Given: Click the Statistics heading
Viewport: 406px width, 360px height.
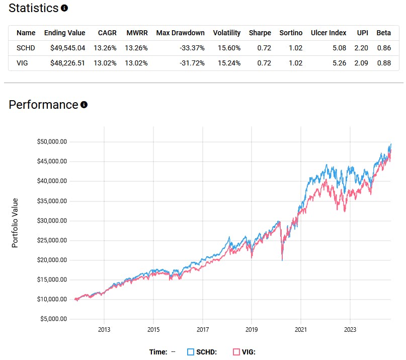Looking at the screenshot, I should pos(34,8).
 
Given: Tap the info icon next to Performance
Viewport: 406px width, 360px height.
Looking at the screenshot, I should pos(84,105).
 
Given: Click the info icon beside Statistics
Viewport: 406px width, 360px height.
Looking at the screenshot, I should pos(64,9).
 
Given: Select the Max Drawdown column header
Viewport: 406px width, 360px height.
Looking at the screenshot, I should pos(180,33).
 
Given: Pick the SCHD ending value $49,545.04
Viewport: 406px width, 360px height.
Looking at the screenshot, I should pos(64,48).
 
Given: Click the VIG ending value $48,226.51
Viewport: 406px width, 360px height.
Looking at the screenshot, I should pos(64,63).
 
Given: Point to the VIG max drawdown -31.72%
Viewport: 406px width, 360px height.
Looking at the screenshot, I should pos(191,63).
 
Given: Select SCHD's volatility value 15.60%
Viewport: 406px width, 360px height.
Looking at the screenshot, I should pos(226,48).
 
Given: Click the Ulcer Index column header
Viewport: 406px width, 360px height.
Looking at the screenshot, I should pos(329,33).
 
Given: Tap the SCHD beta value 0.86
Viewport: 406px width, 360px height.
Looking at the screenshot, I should pos(383,48).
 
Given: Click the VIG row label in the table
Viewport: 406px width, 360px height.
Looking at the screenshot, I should pos(23,63).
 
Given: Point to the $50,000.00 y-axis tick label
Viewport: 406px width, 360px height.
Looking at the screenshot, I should pos(52,141).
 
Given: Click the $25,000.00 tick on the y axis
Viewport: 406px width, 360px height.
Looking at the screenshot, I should pos(52,240).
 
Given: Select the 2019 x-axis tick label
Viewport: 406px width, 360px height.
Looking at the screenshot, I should pos(251,330).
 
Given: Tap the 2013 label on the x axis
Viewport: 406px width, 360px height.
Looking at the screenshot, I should pos(104,330).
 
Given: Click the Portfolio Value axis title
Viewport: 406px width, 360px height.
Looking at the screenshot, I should pos(15,222).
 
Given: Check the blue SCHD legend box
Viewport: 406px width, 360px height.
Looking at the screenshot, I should pos(191,352).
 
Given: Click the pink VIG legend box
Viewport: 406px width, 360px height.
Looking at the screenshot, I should pos(236,352).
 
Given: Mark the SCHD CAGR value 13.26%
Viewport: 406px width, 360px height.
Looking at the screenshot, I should pos(106,48).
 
